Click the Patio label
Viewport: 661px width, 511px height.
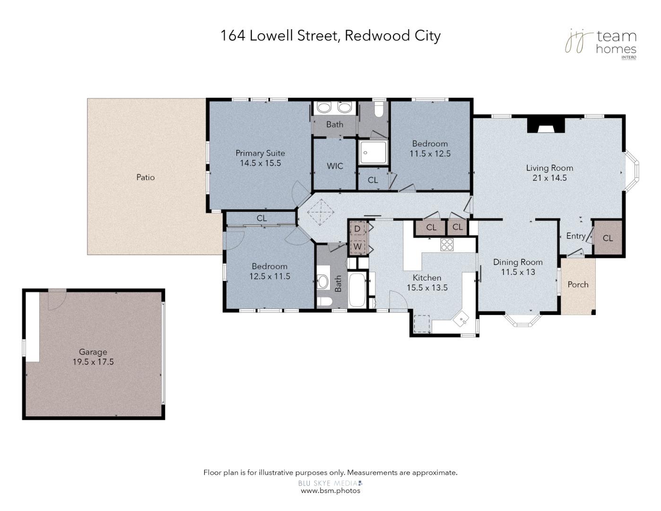click(x=146, y=177)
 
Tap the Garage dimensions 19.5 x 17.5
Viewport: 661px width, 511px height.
click(x=93, y=362)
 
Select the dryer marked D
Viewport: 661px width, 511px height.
click(x=357, y=229)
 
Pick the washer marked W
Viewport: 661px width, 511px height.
click(x=357, y=247)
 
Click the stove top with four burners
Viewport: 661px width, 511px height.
click(x=447, y=245)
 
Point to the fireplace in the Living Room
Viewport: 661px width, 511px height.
click(x=546, y=125)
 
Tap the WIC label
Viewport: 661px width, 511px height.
click(x=335, y=166)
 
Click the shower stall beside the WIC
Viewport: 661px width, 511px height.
click(x=373, y=152)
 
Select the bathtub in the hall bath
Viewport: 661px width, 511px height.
click(x=357, y=290)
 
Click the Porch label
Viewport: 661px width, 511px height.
click(x=578, y=284)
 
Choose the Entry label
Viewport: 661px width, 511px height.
click(x=576, y=236)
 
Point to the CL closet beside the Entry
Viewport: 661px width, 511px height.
click(x=608, y=238)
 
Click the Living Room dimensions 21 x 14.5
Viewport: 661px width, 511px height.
click(x=550, y=178)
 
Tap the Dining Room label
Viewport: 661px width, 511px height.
click(x=518, y=262)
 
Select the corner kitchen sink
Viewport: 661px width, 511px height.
click(x=461, y=319)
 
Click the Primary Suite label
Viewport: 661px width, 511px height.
click(x=261, y=153)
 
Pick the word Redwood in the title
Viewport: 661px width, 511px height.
click(x=377, y=35)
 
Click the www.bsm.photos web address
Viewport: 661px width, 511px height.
click(x=330, y=491)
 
